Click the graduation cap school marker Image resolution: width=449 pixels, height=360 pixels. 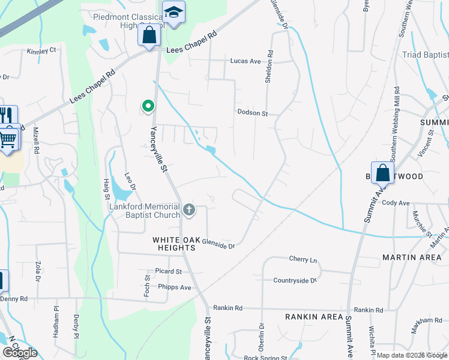click(x=173, y=13)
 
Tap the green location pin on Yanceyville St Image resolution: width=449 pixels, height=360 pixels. click(x=148, y=107)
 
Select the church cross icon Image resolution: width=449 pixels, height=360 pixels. click(x=189, y=209)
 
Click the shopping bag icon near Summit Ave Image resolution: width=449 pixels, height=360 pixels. click(x=382, y=173)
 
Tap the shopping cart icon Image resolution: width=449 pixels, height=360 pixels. click(x=7, y=138)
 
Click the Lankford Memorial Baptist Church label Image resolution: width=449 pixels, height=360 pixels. click(x=145, y=211)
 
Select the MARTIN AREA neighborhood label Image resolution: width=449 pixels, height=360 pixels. click(x=412, y=257)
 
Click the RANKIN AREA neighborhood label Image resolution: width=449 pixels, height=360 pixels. click(x=314, y=317)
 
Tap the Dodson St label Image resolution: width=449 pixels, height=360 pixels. click(x=252, y=112)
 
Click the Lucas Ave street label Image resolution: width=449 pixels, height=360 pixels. click(x=246, y=61)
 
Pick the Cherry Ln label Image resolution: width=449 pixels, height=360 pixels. click(x=303, y=260)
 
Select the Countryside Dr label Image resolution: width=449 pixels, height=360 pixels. click(x=295, y=280)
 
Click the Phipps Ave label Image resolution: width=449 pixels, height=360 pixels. click(x=174, y=287)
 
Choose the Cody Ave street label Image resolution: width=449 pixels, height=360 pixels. click(x=395, y=203)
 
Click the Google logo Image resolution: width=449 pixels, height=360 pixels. click(x=20, y=353)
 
